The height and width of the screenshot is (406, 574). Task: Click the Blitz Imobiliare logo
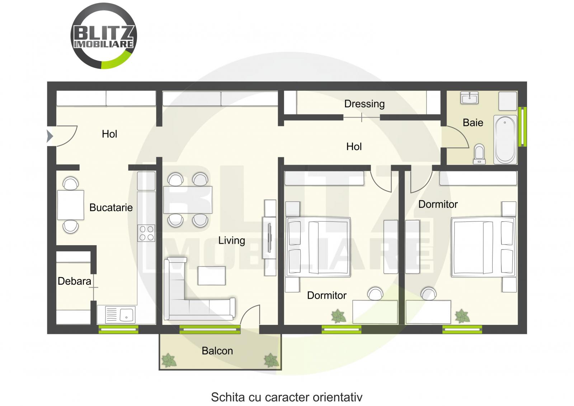[x=104, y=36]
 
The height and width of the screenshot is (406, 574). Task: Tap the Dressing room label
[x=364, y=104]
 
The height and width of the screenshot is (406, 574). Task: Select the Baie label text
[x=473, y=123]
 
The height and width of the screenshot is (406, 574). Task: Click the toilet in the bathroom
[x=479, y=154]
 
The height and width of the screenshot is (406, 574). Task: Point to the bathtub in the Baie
[x=505, y=139]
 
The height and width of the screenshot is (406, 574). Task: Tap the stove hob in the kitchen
[x=146, y=233]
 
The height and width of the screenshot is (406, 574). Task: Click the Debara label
[x=74, y=281]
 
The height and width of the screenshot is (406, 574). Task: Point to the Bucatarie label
[x=111, y=207]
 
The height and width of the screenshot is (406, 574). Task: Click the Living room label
[x=231, y=241]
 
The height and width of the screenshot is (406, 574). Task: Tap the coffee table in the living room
[x=212, y=276]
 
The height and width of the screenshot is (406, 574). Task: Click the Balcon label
[x=217, y=351]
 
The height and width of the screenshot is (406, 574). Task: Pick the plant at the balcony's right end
[x=271, y=360]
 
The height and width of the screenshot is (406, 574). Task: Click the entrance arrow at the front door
[x=50, y=136]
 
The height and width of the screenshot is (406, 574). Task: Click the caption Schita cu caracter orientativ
[x=286, y=397]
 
